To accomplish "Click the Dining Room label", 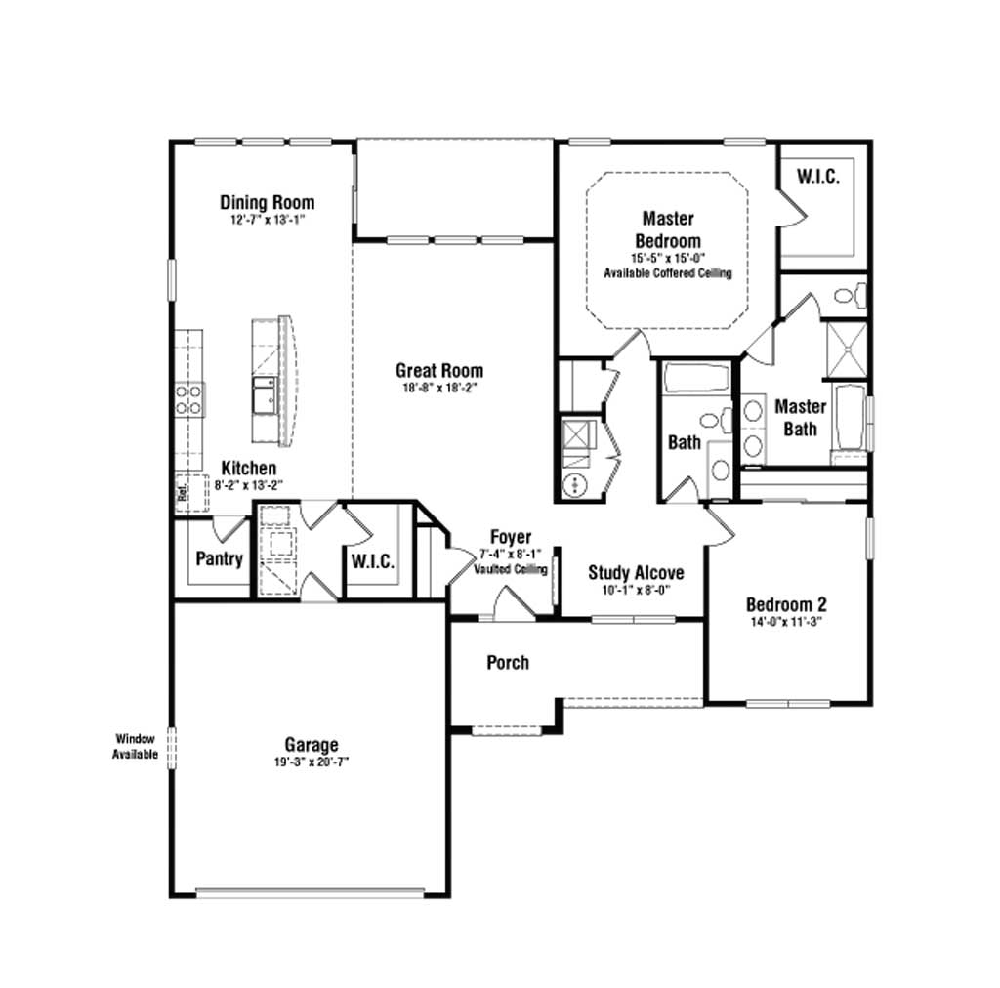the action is tap(268, 203).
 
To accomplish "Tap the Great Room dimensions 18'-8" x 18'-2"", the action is tap(439, 388).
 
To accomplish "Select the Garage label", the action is tap(312, 745).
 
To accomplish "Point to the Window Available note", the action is tap(135, 747).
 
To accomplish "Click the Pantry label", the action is tap(220, 559).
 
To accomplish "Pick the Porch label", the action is tap(508, 663).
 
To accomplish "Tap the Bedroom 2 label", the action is tap(786, 604).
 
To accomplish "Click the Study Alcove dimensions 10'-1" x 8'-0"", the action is tap(636, 590).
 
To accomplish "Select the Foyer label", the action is tap(510, 537).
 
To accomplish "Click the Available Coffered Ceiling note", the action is tap(668, 273).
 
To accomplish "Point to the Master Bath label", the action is tap(801, 418).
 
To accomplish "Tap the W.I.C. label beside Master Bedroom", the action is tap(818, 177).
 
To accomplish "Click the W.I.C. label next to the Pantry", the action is tap(373, 561).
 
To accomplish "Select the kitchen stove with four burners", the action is tap(189, 399).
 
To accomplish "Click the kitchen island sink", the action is tap(265, 395).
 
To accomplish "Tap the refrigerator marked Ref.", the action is tap(191, 493).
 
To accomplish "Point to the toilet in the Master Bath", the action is tap(851, 296).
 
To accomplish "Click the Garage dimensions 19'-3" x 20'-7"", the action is tap(312, 762).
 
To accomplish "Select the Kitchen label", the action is tap(249, 468).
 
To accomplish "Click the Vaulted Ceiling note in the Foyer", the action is tap(510, 569).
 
